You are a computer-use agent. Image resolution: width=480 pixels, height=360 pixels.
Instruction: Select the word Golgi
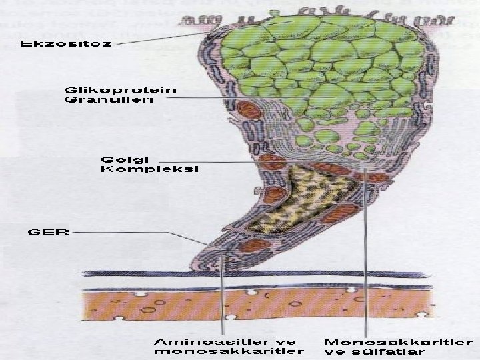tap(125, 159)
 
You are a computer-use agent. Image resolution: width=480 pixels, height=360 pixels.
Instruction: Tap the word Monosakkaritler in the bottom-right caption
tap(393, 342)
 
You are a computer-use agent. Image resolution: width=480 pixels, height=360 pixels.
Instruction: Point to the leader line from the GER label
tap(133, 233)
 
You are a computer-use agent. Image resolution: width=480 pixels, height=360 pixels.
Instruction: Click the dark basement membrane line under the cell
tap(267, 273)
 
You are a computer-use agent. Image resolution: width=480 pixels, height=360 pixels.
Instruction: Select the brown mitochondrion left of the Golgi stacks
tap(272, 161)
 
